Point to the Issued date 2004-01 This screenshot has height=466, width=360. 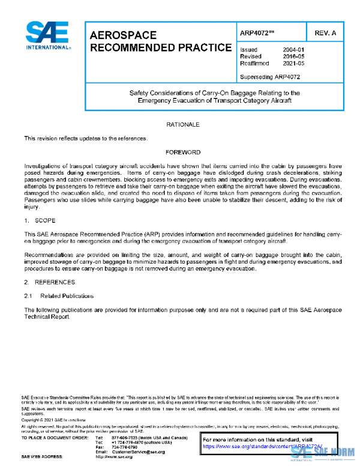tap(293, 50)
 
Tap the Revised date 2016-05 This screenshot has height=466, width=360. tap(293, 56)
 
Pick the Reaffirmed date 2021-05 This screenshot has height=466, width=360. tap(293, 63)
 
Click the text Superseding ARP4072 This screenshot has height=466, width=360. tap(270, 76)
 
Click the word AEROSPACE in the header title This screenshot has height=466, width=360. tap(123, 35)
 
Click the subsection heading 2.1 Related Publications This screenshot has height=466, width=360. tap(59, 296)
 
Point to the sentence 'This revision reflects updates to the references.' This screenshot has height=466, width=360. tap(85, 139)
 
